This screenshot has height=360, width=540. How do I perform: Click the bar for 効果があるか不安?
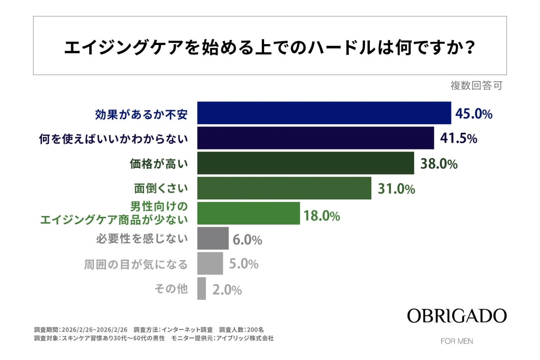click(x=324, y=113)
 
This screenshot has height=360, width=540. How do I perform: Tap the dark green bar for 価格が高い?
click(x=306, y=163)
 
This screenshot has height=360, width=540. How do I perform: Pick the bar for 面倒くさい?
click(x=284, y=188)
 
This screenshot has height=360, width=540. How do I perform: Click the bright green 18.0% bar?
click(x=249, y=213)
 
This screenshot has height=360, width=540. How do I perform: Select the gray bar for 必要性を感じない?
click(x=213, y=238)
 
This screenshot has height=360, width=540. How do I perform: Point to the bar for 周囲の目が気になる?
click(x=211, y=263)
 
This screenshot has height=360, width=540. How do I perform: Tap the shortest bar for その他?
click(x=202, y=288)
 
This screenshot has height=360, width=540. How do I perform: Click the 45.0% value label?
click(x=474, y=113)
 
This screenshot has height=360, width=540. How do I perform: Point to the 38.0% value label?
click(x=439, y=164)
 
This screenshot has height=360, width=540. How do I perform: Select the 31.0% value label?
click(x=396, y=189)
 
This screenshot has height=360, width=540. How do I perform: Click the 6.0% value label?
click(x=247, y=240)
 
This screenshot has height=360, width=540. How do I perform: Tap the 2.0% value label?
click(x=227, y=290)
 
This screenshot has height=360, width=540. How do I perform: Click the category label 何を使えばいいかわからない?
click(x=113, y=139)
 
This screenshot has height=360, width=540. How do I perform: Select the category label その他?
click(x=171, y=289)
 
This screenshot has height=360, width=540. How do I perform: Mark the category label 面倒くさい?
click(x=160, y=189)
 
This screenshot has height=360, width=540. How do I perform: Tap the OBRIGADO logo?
click(x=457, y=316)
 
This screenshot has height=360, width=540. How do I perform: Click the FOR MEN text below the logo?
click(x=457, y=341)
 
